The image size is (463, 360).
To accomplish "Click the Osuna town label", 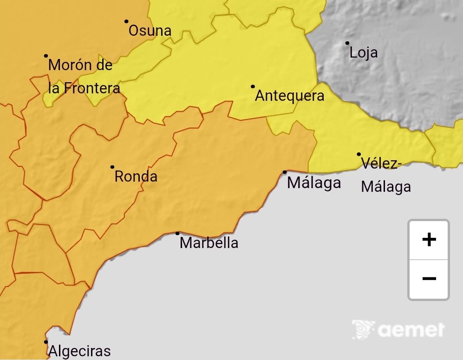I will (150, 31).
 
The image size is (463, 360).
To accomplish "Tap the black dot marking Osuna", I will (126, 21).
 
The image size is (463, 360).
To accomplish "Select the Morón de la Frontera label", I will (84, 77).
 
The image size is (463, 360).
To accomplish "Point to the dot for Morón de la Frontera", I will (46, 56).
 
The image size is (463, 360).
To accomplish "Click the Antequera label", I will (289, 96).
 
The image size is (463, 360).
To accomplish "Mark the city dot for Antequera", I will (253, 86).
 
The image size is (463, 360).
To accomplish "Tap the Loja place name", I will (363, 53).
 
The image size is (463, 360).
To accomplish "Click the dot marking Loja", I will (347, 43).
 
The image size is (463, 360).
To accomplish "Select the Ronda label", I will (136, 177).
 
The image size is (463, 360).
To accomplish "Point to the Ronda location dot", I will (112, 167).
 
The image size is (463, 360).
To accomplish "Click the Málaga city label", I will (314, 183).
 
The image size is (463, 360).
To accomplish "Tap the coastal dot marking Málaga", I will (285, 172).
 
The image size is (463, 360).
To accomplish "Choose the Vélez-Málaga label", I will (385, 175).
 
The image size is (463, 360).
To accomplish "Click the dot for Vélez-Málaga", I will (359, 154).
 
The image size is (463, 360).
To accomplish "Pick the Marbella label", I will (209, 243).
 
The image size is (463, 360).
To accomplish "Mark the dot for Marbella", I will (177, 233).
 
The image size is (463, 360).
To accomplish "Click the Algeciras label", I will (79, 351).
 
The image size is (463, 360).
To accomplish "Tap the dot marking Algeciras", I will (46, 342).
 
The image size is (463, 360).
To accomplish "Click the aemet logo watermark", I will (398, 330).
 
